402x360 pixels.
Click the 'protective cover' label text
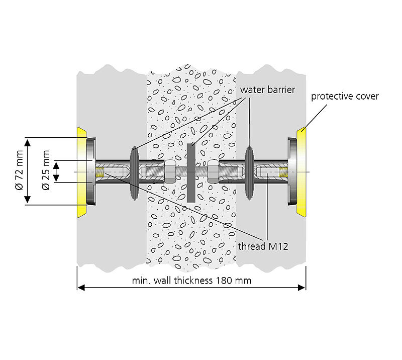point(345,96)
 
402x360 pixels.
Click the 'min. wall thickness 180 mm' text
point(190,280)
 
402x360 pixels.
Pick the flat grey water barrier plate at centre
point(191,172)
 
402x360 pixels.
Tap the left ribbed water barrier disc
point(134,172)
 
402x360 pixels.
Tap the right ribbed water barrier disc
point(249,172)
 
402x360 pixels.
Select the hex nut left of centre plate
point(170,172)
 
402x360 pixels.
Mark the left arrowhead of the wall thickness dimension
point(80,288)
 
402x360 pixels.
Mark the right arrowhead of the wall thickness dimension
point(303,288)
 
